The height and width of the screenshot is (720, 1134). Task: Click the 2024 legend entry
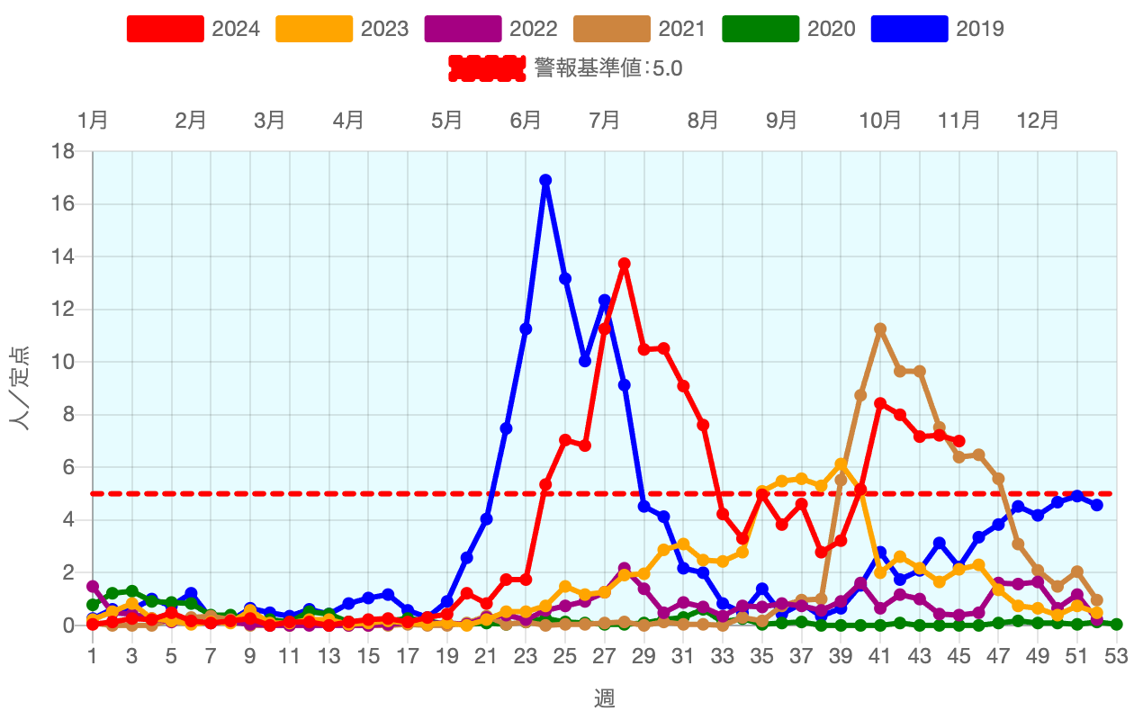[193, 29]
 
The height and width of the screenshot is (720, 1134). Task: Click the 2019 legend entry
[937, 29]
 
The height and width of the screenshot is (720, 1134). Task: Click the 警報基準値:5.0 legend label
[607, 68]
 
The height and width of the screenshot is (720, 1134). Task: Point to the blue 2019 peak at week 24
[545, 180]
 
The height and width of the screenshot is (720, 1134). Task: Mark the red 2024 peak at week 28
[625, 264]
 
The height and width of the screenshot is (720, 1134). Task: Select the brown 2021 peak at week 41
[880, 329]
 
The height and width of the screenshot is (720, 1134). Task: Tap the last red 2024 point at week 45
[959, 441]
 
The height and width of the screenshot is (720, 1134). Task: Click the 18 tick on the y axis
[63, 151]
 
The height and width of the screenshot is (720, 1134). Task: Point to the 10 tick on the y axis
[63, 362]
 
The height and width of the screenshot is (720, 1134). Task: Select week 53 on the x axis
[1117, 657]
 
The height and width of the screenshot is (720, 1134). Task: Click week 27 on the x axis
[604, 657]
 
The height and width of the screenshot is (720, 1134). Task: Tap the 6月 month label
[526, 120]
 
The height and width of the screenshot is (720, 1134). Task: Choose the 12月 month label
[1038, 120]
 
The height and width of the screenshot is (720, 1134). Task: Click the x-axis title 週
[604, 697]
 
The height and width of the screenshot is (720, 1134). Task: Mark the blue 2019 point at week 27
[605, 301]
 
